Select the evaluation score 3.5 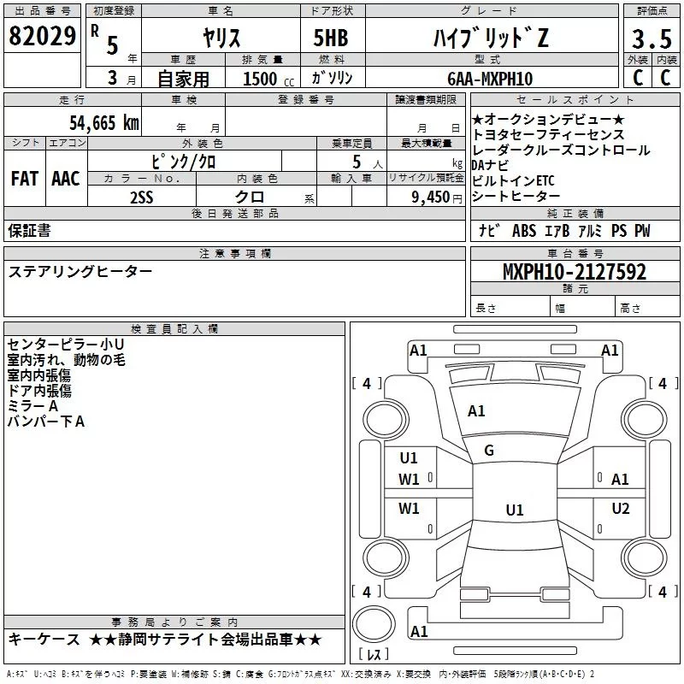(x=651, y=40)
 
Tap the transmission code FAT (x=24, y=179)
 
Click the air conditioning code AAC (x=65, y=179)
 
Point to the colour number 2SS (x=142, y=197)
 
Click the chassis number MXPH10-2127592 (x=574, y=272)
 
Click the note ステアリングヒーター (x=80, y=271)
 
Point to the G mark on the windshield (x=489, y=451)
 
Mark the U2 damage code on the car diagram (x=621, y=509)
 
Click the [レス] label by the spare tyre (x=374, y=656)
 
